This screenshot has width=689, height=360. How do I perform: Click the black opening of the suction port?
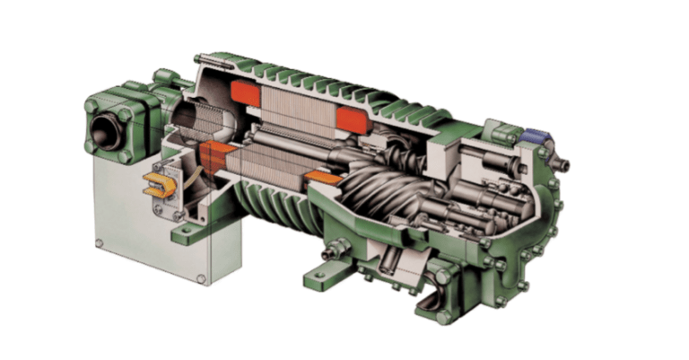112,131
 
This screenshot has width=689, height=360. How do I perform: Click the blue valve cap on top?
535,136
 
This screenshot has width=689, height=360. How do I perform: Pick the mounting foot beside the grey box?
184,235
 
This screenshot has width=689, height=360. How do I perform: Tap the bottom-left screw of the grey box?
101,241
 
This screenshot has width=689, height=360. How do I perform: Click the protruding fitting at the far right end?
564,165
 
